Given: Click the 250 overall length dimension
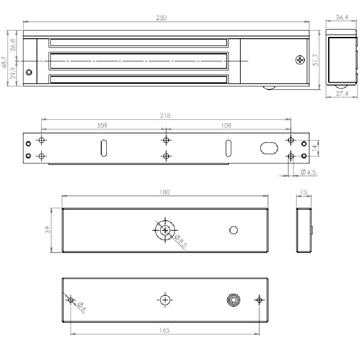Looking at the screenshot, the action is (x=162, y=18).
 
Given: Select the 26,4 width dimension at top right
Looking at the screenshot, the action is (x=342, y=18).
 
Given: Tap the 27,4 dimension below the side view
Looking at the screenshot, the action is (x=342, y=94).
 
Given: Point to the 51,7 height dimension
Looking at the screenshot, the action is (x=316, y=60).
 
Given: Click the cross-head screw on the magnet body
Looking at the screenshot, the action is (x=300, y=60).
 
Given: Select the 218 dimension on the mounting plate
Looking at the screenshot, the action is (x=165, y=116).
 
